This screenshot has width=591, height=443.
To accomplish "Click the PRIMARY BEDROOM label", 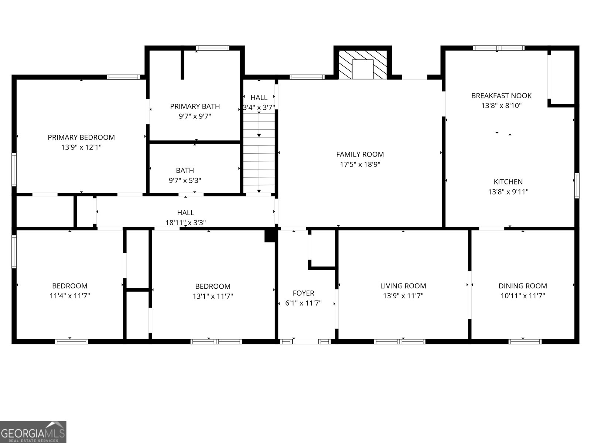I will [81, 137].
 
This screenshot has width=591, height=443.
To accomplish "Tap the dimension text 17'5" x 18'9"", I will [360, 164].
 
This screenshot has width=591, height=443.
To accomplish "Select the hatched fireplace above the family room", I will [363, 64].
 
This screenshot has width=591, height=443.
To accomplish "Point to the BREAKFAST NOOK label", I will [501, 96].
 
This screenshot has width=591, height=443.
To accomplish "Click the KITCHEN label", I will [508, 182].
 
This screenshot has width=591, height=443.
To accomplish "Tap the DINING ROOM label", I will [522, 286].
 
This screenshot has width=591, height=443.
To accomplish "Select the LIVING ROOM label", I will [403, 286].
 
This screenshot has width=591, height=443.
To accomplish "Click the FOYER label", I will [303, 293].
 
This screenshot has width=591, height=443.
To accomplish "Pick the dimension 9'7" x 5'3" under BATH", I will [185, 181].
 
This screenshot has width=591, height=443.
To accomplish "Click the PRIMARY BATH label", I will [195, 106].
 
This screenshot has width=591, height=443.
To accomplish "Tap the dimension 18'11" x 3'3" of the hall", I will [185, 223].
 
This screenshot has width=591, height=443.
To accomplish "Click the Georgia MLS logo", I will [33, 432].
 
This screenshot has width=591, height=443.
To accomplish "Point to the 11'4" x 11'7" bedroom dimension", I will [69, 296].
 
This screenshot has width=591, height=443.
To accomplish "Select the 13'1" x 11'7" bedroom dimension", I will [212, 296].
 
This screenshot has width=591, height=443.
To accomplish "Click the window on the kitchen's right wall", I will [577, 185].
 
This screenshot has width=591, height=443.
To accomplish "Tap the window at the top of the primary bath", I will [212, 48].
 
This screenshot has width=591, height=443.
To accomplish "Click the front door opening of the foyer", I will [305, 341].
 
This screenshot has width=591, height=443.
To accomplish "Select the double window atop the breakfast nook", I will [499, 48].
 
